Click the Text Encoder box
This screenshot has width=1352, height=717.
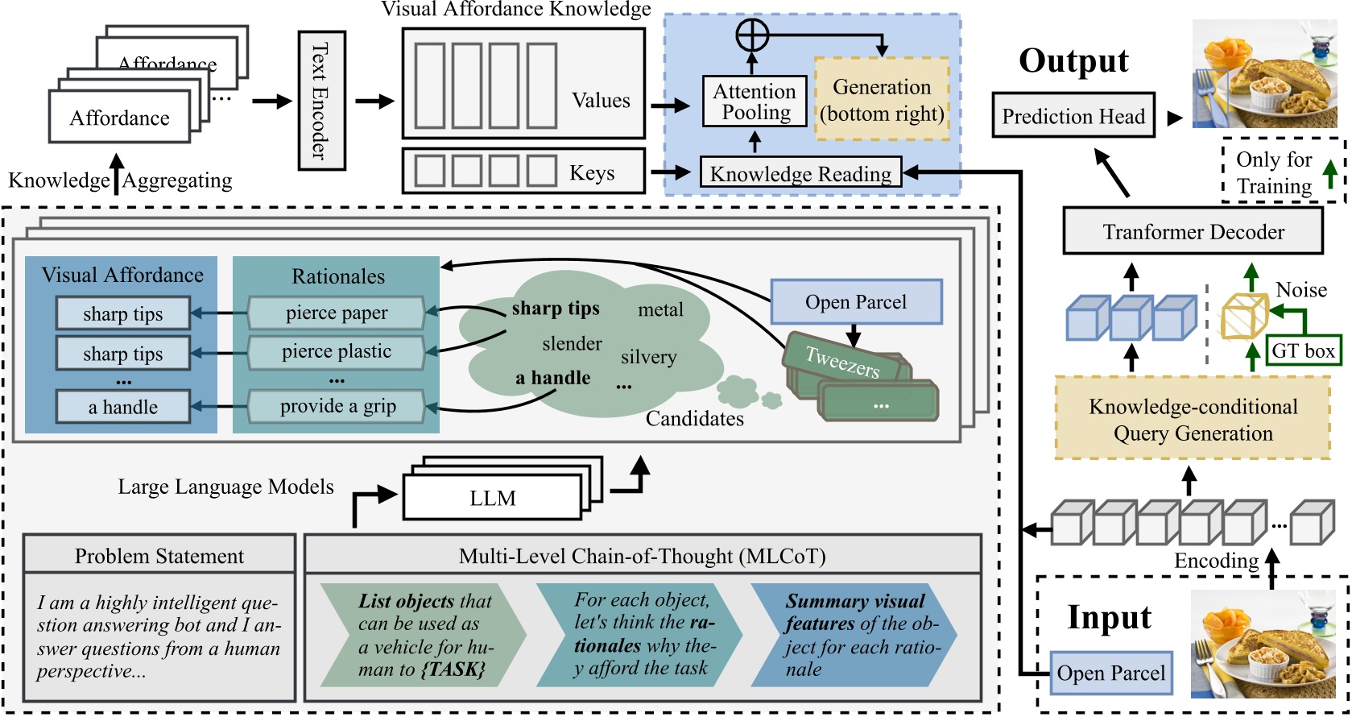(x=321, y=101)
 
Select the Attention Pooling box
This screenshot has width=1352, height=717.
(x=755, y=102)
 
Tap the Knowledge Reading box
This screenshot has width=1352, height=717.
(x=800, y=173)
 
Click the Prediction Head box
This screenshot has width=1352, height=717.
(x=1073, y=117)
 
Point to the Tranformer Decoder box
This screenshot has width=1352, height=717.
(x=1193, y=232)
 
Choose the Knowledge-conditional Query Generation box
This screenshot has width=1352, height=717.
(x=1193, y=419)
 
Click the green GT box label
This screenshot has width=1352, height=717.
(x=1303, y=350)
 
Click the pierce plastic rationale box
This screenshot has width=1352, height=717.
(x=336, y=352)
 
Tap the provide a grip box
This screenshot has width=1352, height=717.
(x=336, y=407)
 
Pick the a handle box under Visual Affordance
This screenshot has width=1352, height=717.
(x=122, y=408)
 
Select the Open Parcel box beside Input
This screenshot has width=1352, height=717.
(x=1110, y=673)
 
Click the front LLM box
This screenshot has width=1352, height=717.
(x=492, y=499)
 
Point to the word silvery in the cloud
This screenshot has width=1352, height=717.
(x=648, y=358)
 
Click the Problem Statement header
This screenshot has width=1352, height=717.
(x=159, y=556)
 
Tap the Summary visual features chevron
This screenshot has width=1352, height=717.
(x=852, y=635)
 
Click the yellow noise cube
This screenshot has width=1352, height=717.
(x=1244, y=315)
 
